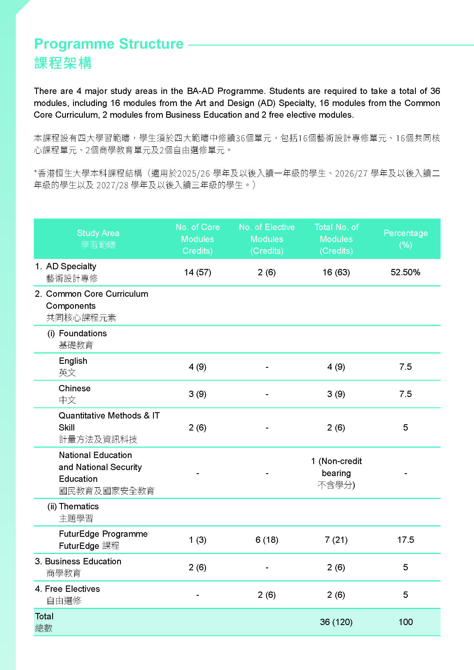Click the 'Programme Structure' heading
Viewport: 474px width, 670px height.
tap(109, 44)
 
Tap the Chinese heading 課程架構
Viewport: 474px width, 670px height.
tap(63, 63)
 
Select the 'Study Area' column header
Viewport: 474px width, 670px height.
tap(98, 233)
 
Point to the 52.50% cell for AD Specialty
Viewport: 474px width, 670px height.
tap(406, 272)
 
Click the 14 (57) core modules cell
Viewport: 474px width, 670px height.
tap(198, 272)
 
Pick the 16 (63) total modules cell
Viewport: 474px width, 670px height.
tap(336, 272)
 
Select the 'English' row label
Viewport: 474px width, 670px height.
tap(73, 361)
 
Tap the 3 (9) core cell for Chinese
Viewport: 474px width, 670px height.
tap(198, 394)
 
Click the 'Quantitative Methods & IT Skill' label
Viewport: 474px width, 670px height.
tap(109, 421)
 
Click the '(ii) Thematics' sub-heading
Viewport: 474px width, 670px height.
tap(73, 506)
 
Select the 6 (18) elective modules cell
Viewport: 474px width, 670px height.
tap(267, 540)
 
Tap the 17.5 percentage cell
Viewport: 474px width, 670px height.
tap(406, 540)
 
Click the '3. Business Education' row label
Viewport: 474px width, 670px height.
tap(78, 561)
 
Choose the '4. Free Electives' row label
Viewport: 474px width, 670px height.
tap(67, 589)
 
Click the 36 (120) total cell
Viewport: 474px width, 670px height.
tap(336, 622)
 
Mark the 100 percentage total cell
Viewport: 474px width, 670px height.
tap(406, 622)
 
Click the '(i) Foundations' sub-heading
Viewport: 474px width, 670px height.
tap(77, 333)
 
